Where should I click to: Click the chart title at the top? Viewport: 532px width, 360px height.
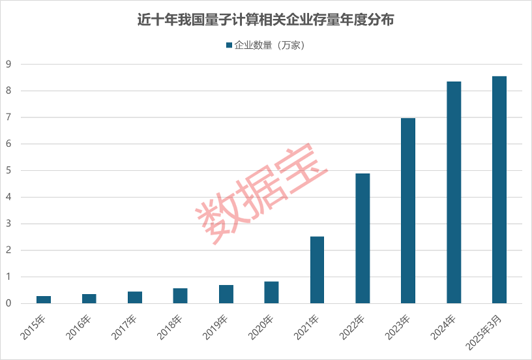(265, 20)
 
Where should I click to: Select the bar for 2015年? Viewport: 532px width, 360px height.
(44, 299)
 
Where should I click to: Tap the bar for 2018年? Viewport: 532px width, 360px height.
(181, 295)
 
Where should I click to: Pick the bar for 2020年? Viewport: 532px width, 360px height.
(271, 292)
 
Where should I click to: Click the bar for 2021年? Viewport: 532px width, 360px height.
(317, 269)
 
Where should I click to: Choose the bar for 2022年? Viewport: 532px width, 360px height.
(362, 238)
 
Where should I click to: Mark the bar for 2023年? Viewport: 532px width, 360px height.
(408, 211)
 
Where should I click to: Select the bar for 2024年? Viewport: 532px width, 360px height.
(454, 192)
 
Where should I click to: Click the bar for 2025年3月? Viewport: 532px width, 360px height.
(499, 190)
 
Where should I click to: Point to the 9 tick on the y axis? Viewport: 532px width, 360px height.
(8, 64)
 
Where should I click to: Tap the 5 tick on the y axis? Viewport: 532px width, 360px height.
(8, 170)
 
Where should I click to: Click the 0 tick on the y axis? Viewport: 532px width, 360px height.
(8, 303)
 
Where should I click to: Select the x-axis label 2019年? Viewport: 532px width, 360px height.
(217, 326)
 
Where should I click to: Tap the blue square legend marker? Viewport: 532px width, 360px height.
(229, 46)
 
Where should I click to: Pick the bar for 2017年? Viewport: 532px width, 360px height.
(135, 297)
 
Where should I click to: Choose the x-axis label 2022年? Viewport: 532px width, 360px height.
(353, 326)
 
